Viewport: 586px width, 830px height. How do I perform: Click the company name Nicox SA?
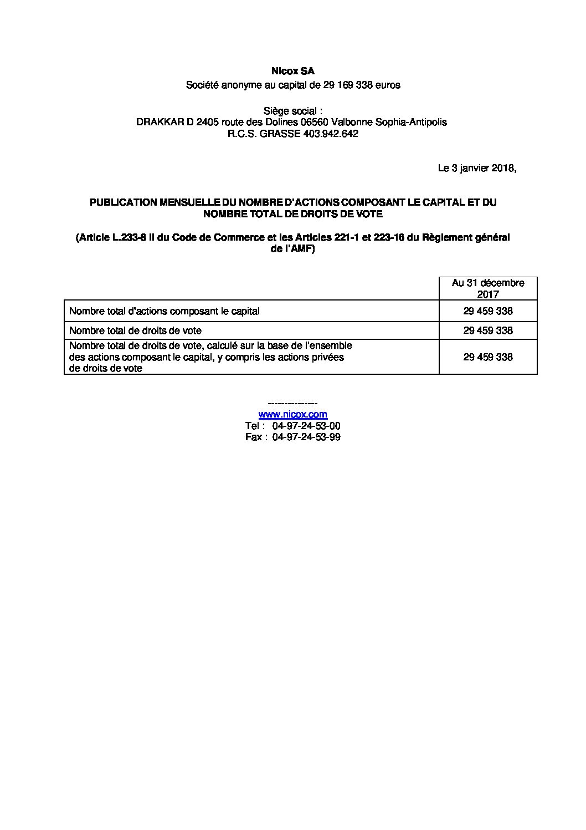click(292, 72)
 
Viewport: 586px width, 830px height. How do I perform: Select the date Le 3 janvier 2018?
click(476, 169)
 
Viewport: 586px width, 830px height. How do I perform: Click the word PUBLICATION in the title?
click(124, 203)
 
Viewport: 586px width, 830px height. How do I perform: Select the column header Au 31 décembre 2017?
click(488, 288)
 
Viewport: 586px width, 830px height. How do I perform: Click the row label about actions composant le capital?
click(165, 312)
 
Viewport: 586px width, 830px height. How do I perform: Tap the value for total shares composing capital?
click(488, 312)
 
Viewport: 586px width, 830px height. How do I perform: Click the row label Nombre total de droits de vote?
click(135, 331)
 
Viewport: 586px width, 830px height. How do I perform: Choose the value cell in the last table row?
click(488, 358)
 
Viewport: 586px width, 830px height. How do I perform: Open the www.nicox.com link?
click(292, 415)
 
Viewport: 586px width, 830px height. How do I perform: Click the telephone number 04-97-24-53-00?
click(306, 426)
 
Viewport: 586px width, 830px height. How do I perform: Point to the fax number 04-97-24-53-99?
click(306, 437)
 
